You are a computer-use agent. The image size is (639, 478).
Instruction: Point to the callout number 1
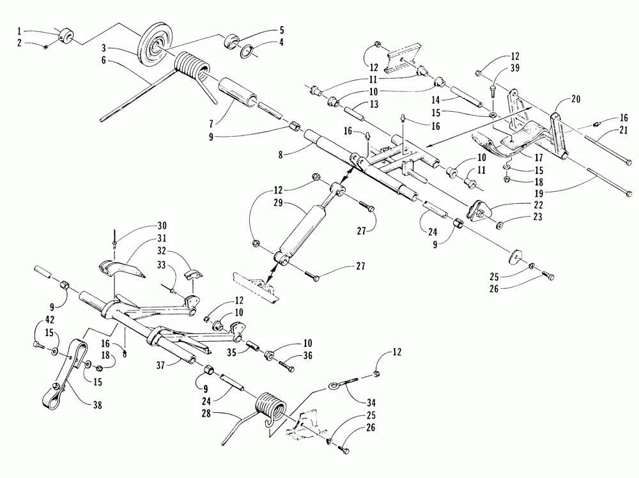click(x=20, y=31)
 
